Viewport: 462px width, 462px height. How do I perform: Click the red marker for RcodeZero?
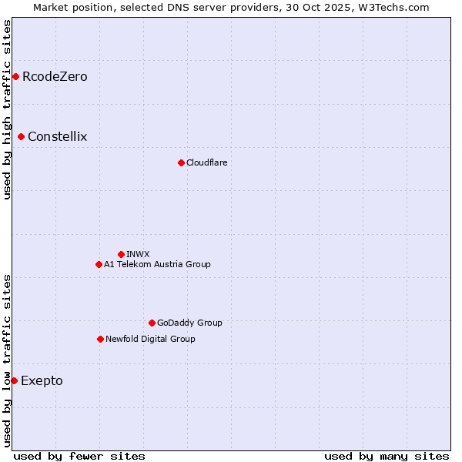click(x=15, y=76)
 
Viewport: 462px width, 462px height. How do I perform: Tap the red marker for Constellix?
click(x=21, y=136)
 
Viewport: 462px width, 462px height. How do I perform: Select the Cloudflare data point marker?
click(x=181, y=162)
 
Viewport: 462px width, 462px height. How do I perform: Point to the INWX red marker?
click(x=121, y=254)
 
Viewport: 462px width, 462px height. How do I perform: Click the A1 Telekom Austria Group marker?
click(x=99, y=264)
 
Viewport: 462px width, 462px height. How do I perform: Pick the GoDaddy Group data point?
click(x=152, y=323)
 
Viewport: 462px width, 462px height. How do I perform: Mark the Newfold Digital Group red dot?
click(x=100, y=339)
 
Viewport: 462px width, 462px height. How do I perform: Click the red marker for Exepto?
click(x=14, y=380)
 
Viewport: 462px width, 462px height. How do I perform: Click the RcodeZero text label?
click(x=55, y=76)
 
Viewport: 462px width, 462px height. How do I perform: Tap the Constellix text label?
click(x=58, y=136)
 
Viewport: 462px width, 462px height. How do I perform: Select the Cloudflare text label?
click(x=206, y=162)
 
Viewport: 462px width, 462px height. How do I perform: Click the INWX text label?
click(x=138, y=254)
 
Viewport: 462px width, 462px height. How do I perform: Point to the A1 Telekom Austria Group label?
click(x=157, y=264)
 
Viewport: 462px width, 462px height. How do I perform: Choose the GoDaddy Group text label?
click(x=189, y=323)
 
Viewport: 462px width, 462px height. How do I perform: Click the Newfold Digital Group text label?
click(x=150, y=339)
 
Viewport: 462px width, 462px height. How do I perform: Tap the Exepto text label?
click(x=42, y=380)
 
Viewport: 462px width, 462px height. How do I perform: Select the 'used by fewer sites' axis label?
click(x=79, y=456)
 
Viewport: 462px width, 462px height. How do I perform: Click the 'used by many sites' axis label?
click(x=387, y=456)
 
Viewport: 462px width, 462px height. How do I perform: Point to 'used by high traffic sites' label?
click(x=7, y=109)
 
